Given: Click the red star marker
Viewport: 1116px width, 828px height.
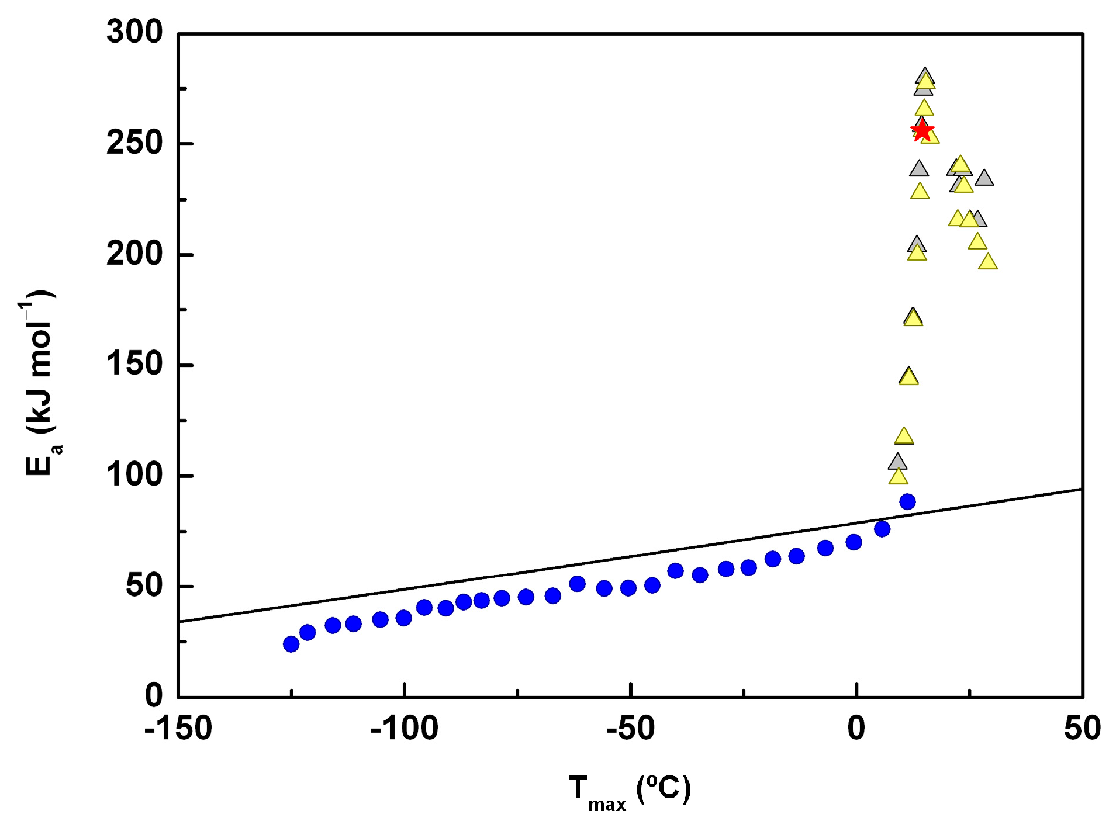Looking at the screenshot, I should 922,130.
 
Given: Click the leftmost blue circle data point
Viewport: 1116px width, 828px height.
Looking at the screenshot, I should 291,644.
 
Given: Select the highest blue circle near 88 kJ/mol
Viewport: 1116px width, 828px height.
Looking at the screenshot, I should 907,501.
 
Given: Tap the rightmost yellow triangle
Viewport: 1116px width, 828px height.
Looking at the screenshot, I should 988,262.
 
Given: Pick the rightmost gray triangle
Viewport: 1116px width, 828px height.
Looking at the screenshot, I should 984,178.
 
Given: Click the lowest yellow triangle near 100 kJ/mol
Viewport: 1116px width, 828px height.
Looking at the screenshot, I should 899,477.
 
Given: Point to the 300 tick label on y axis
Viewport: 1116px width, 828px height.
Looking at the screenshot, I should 134,32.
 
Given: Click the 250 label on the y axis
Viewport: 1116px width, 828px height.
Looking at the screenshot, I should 134,143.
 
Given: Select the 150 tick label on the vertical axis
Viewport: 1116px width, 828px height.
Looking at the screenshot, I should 134,364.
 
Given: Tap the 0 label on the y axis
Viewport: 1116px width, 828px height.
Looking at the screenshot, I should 154,695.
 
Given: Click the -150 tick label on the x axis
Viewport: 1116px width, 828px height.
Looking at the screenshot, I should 178,729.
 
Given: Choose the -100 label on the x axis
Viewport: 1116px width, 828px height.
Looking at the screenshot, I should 404,729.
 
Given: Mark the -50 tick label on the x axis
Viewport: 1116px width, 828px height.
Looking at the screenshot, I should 630,729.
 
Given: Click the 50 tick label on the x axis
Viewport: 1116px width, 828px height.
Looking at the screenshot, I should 1082,729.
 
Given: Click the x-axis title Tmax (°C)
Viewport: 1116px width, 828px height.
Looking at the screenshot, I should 630,791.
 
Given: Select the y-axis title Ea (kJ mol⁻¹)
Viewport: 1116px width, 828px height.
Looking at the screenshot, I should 40,383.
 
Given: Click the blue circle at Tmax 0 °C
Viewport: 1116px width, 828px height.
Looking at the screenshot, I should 854,542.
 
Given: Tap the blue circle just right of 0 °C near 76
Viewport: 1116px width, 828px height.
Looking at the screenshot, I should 882,529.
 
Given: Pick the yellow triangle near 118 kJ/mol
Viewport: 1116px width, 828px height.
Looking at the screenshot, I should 904,436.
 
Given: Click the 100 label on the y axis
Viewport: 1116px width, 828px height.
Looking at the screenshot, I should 134,474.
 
